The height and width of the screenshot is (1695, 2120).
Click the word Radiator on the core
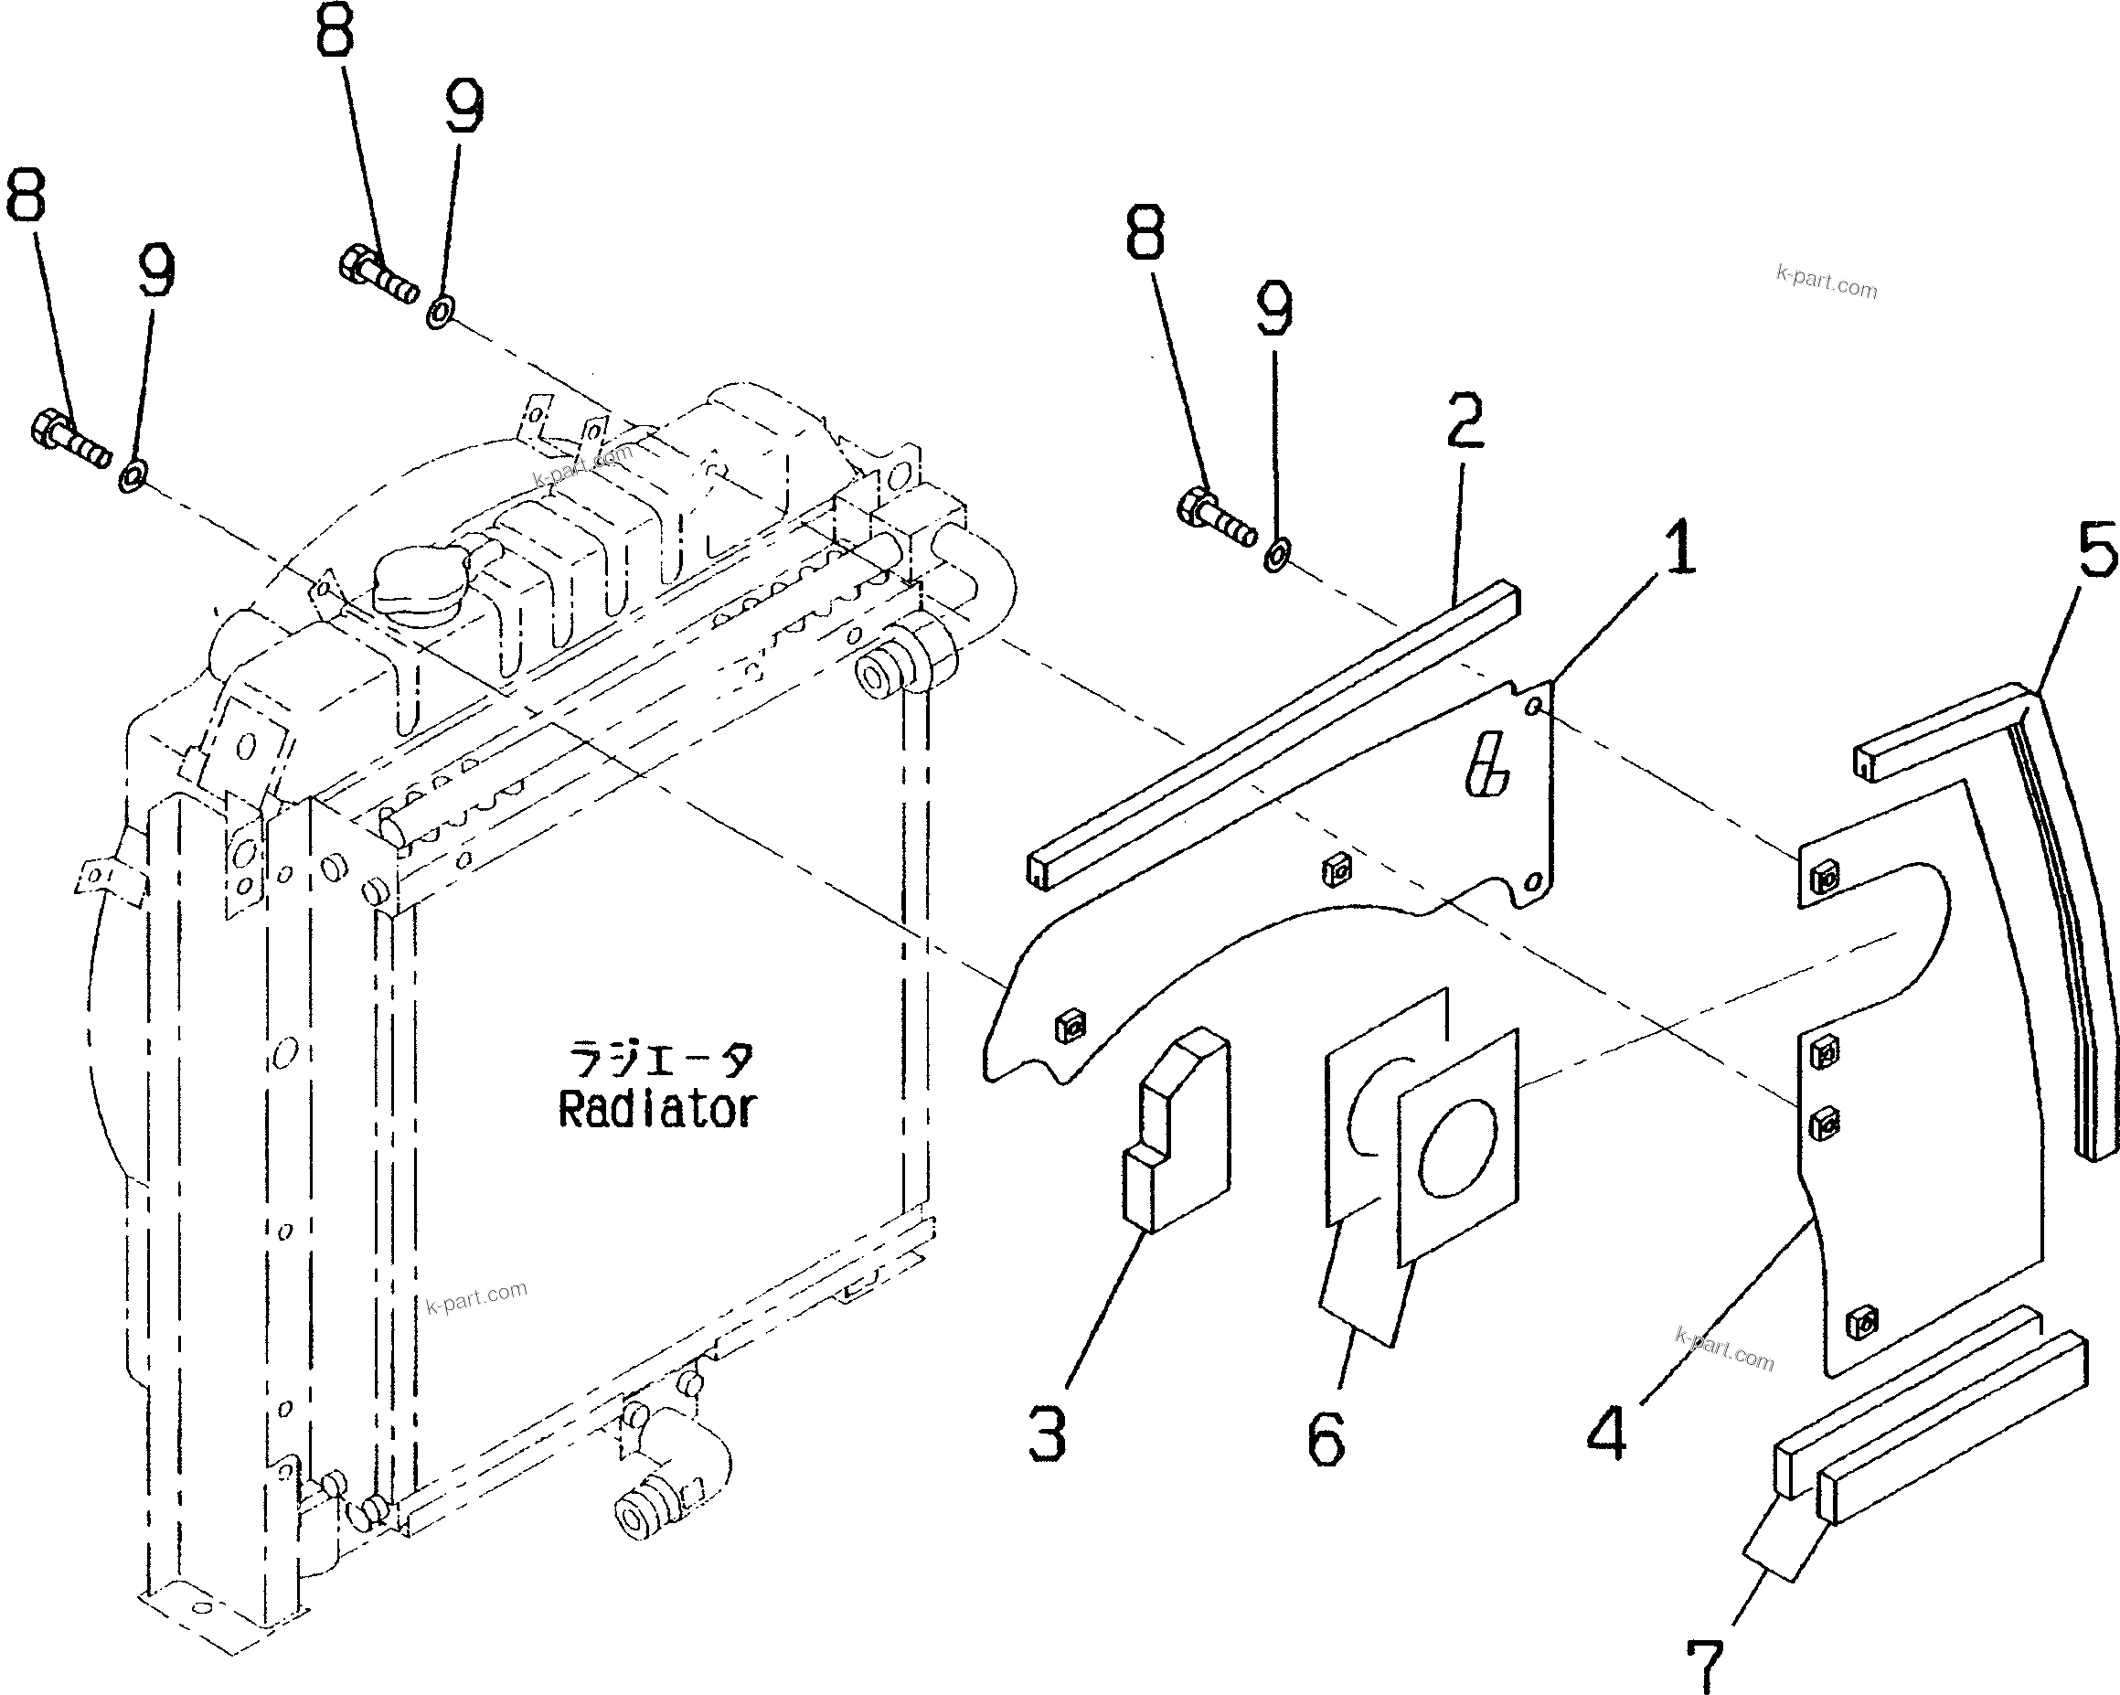point(657,1110)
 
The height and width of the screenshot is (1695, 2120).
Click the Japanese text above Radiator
point(662,1061)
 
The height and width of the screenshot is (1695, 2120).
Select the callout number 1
point(1679,548)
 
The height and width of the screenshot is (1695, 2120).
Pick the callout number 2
point(1465,421)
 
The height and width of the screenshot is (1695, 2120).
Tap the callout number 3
point(1048,1433)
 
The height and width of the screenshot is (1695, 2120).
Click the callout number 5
point(2096,551)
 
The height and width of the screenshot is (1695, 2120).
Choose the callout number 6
point(1326,1438)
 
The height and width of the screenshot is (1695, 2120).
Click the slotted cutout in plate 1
point(1486,766)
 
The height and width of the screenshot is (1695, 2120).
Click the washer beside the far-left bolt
point(132,478)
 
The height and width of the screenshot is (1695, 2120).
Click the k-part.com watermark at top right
point(1826,282)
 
